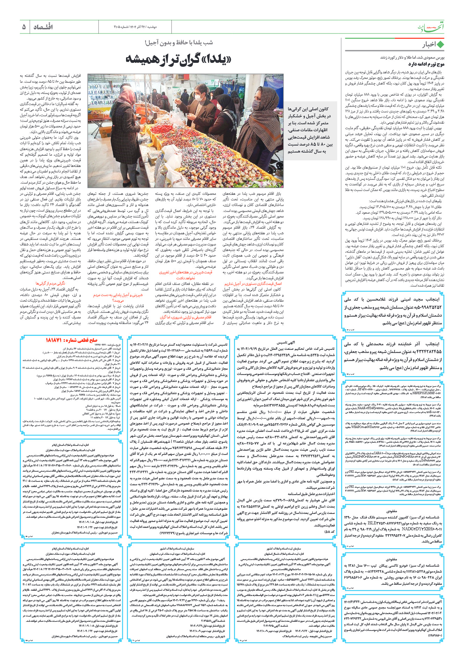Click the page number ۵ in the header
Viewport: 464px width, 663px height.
click(x=24, y=27)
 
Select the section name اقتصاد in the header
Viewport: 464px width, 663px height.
click(x=43, y=27)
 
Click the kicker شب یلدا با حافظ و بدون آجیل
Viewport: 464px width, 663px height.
click(x=179, y=43)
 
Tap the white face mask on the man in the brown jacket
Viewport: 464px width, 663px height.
click(x=198, y=98)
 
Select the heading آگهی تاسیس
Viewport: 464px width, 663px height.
click(x=286, y=342)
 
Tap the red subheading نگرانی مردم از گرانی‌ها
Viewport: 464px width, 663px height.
click(x=50, y=283)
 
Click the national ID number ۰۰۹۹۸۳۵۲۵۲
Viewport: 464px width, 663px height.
click(x=425, y=307)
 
